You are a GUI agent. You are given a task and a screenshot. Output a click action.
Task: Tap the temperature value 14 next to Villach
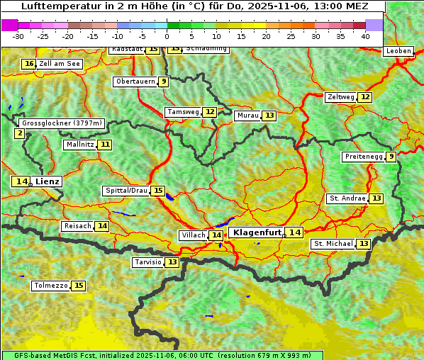[x=216, y=235]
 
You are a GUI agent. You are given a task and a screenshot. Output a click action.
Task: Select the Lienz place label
[x=48, y=181]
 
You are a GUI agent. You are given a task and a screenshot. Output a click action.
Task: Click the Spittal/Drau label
[x=126, y=191]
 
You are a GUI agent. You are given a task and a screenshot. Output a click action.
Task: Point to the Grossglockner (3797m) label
[x=62, y=123]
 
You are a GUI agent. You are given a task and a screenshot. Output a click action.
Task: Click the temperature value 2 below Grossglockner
[x=19, y=133]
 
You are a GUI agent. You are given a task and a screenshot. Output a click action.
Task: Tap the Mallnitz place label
[x=79, y=145]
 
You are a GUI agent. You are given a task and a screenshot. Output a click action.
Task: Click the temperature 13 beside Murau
[x=269, y=116]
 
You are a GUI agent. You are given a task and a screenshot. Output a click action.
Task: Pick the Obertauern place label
[x=135, y=81]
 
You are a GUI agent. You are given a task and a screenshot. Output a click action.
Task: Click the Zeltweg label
[x=340, y=97]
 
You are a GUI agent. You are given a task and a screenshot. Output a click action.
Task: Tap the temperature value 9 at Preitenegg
[x=391, y=157]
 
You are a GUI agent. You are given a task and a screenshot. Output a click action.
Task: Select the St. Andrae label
[x=347, y=198]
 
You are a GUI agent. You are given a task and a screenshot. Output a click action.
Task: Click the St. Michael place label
[x=333, y=244]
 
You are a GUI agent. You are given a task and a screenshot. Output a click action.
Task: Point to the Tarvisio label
[x=148, y=262]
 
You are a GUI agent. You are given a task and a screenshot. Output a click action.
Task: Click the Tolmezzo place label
[x=51, y=286]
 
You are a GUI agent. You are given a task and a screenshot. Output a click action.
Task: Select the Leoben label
[x=398, y=51]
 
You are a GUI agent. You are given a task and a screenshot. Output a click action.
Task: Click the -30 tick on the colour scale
[x=18, y=35]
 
